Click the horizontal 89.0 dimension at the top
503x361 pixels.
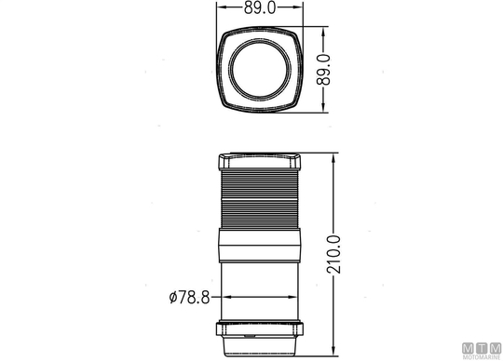click(260, 7)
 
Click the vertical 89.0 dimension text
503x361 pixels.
click(323, 70)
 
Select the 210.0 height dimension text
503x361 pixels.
click(333, 254)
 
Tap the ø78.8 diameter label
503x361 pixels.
click(190, 297)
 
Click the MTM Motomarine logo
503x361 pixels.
click(482, 351)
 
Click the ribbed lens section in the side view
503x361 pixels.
click(260, 199)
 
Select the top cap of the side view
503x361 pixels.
click(260, 162)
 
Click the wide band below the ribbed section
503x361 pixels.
click(260, 246)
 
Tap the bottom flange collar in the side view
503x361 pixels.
click(260, 329)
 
